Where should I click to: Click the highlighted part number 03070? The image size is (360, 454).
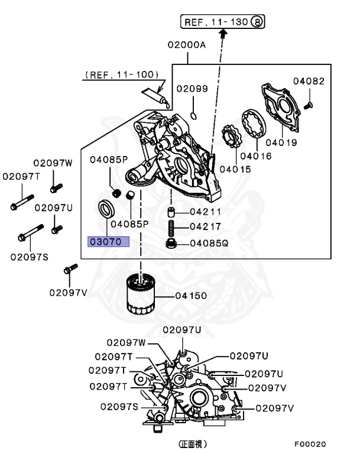pyautogui.click(x=108, y=242)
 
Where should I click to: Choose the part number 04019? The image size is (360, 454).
pyautogui.click(x=281, y=142)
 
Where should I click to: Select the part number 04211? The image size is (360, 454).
pyautogui.click(x=205, y=212)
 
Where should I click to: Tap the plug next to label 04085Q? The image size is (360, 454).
pyautogui.click(x=171, y=243)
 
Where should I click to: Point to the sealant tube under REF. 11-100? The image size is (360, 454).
pyautogui.click(x=155, y=96)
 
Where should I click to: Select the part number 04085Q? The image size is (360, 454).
pyautogui.click(x=209, y=243)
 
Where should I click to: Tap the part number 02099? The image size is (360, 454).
pyautogui.click(x=192, y=89)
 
